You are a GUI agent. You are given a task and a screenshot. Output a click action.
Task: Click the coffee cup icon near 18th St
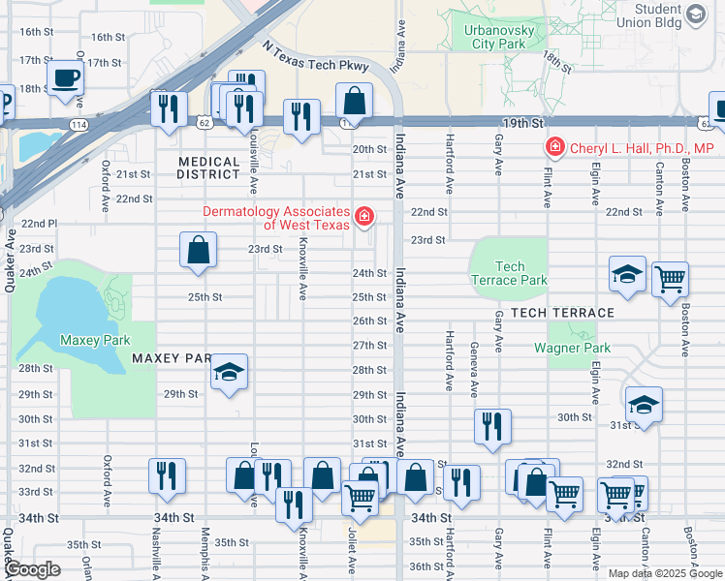click(x=66, y=76)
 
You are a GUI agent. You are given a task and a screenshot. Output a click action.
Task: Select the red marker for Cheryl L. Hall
click(x=554, y=148)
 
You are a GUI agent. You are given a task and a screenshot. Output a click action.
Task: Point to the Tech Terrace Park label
click(x=509, y=273)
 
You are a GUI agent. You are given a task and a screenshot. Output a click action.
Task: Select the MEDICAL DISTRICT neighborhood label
click(x=207, y=168)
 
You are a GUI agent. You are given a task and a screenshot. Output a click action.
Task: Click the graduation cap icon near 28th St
click(x=230, y=373)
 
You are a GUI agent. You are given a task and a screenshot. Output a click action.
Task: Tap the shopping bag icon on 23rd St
click(x=198, y=250)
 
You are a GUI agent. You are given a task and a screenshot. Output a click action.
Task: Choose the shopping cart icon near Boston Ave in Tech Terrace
click(x=670, y=280)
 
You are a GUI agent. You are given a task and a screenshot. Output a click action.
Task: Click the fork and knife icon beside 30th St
click(x=493, y=425)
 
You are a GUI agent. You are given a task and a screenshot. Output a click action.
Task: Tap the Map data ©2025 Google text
click(x=664, y=572)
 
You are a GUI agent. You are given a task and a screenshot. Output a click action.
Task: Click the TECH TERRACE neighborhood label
click(x=562, y=312)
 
